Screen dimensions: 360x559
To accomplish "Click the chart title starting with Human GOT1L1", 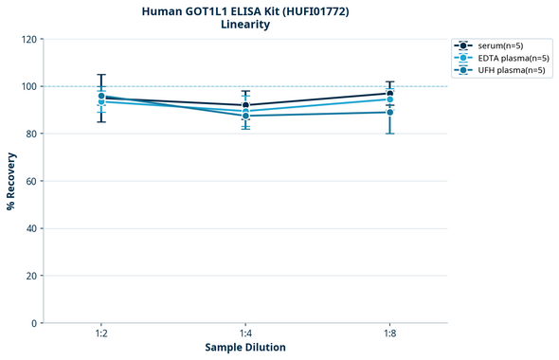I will [x=244, y=11].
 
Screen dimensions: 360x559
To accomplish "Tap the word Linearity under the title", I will [x=244, y=25].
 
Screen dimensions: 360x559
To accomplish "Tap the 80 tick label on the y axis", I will [x=30, y=134].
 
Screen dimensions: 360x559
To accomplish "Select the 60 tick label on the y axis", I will [x=30, y=181].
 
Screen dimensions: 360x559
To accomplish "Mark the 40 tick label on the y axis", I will [x=30, y=228].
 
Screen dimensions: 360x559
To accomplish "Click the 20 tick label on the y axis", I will [x=30, y=276].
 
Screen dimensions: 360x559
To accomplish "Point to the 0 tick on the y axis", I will [x=33, y=323].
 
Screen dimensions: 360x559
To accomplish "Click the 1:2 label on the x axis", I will [x=101, y=334].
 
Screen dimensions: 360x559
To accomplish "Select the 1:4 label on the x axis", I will [x=245, y=334].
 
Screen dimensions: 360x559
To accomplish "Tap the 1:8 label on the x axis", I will [x=389, y=334].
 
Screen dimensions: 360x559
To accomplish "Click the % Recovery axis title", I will [x=11, y=180].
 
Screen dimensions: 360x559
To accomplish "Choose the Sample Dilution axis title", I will [x=245, y=348].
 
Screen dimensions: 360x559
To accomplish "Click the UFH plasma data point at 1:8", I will [x=389, y=113].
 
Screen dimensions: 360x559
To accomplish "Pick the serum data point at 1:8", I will [x=389, y=93].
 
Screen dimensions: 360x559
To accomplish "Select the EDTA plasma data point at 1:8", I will [x=389, y=99].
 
